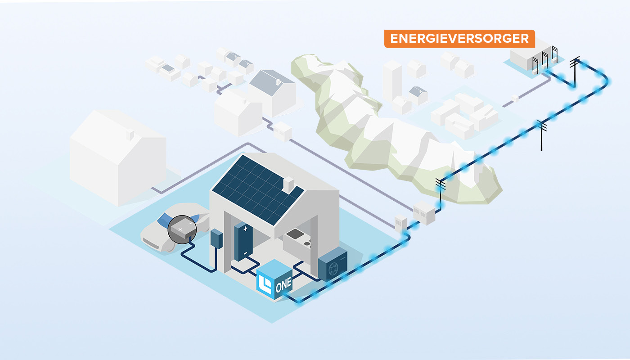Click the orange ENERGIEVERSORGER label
click(x=459, y=39)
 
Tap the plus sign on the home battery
click(x=245, y=229)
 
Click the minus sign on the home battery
click(x=246, y=254)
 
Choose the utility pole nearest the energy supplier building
click(x=574, y=72)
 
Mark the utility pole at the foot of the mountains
click(x=441, y=191)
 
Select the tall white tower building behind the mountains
click(x=392, y=81)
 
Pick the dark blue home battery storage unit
click(x=243, y=243)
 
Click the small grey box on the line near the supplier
click(x=515, y=97)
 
